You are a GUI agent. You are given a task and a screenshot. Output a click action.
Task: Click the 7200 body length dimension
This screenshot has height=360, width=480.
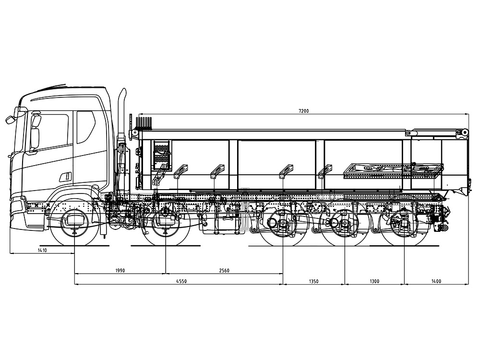coord(304,111)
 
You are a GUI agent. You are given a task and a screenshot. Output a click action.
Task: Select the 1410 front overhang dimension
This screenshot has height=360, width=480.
coord(42,250)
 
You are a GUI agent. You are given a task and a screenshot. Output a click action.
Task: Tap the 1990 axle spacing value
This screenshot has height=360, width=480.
coord(120,270)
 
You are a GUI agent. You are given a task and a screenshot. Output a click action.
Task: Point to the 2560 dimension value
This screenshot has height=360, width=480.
coord(224,270)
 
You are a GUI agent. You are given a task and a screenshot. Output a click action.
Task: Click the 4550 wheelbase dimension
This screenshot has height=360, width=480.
coord(181,281)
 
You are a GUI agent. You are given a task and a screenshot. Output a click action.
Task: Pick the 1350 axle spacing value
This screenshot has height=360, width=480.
coord(313,281)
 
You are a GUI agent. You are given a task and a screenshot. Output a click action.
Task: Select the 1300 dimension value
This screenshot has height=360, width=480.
coord(374,281)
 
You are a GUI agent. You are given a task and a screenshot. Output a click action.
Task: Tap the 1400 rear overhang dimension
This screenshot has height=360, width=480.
coord(436,281)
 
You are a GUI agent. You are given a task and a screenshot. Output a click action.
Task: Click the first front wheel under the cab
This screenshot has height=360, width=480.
coord(75,222)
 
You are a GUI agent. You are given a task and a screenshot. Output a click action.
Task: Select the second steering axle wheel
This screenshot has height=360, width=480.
coord(166,222)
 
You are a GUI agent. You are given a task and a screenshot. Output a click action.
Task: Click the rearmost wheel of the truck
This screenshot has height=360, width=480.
coord(404,222)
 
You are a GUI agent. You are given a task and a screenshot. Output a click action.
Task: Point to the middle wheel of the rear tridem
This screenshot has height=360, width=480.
coord(345,222)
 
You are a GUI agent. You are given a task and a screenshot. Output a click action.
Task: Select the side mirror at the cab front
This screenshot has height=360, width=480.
coord(11,119)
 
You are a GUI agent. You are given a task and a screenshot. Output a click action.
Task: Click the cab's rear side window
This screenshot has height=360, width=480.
coord(86,127)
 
